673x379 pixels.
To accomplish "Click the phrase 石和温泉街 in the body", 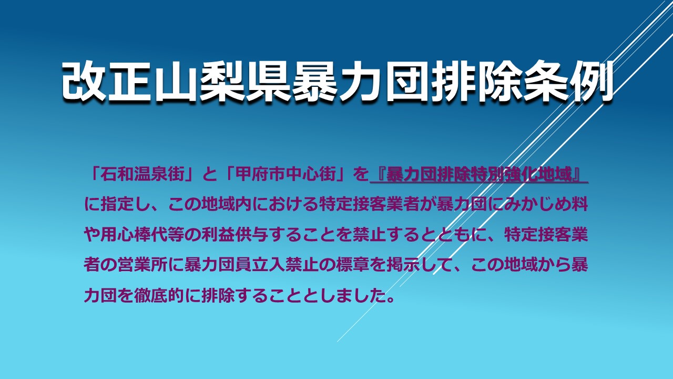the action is [142, 174].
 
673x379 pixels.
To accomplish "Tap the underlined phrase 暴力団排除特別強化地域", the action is [479, 174].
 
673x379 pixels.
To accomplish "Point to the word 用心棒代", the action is [134, 235].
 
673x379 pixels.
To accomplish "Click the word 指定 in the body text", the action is [117, 205].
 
